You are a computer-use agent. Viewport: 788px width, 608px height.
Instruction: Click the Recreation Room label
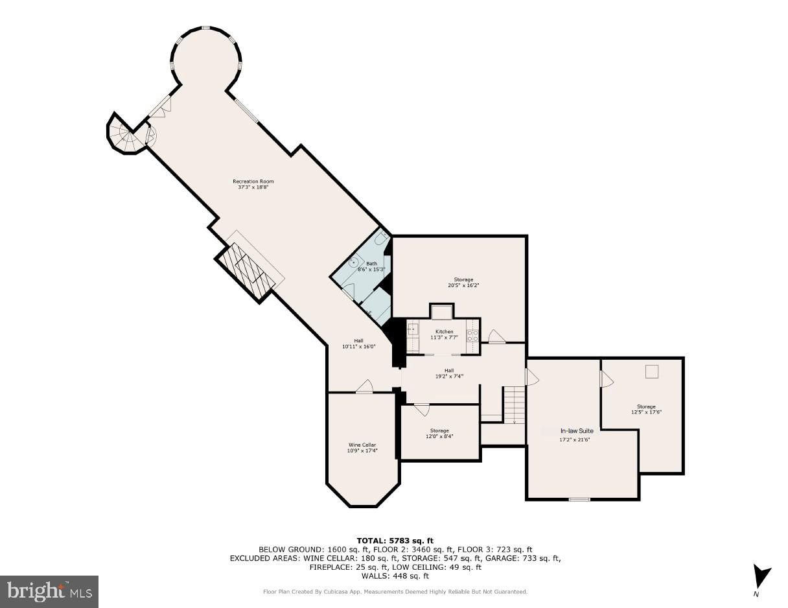point(253,181)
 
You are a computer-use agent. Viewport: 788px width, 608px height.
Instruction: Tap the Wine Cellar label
point(362,445)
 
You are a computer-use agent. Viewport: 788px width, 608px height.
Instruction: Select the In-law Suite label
point(577,430)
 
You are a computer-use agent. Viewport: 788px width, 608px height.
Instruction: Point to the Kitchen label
point(445,331)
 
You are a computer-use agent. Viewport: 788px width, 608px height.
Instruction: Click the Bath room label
point(371,264)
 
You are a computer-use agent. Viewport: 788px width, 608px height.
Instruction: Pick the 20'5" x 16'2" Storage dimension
point(463,285)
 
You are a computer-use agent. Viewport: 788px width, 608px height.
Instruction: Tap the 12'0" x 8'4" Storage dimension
point(439,436)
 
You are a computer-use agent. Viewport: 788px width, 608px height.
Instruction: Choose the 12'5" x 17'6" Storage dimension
point(646,412)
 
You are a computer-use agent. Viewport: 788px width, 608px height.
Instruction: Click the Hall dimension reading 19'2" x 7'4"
point(449,377)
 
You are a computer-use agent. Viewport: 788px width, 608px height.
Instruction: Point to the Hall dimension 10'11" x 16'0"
point(358,347)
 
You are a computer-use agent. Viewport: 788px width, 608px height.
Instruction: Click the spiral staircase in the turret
point(127,136)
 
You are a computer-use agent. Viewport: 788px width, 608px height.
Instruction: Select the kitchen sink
point(413,329)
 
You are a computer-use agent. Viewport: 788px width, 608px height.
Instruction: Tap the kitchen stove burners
point(472,335)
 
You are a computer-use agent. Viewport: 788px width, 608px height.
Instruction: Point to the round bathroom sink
point(354,261)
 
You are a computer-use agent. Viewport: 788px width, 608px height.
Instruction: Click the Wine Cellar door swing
point(365,386)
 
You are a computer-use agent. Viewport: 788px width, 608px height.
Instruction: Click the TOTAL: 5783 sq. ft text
point(395,541)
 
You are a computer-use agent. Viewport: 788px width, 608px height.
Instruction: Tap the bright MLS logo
point(49,592)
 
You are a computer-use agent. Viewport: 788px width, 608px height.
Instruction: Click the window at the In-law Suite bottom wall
point(579,500)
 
